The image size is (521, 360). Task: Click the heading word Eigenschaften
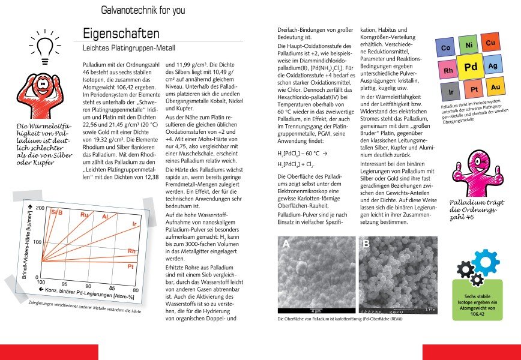pyautogui.click(x=121, y=34)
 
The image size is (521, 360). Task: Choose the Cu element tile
pyautogui.click(x=490, y=43)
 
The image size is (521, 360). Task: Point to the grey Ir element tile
pyautogui.click(x=450, y=93)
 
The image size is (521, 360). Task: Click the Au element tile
pyautogui.click(x=495, y=88)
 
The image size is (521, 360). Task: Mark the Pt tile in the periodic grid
pyautogui.click(x=474, y=90)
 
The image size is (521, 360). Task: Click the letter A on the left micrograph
pyautogui.click(x=286, y=245)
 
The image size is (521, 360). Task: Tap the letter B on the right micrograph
pyautogui.click(x=366, y=244)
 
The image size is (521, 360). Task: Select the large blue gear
pyautogui.click(x=485, y=263)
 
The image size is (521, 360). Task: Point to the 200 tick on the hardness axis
pyautogui.click(x=40, y=208)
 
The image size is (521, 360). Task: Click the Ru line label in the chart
pyautogui.click(x=85, y=214)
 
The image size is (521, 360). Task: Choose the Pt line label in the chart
pyautogui.click(x=130, y=266)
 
